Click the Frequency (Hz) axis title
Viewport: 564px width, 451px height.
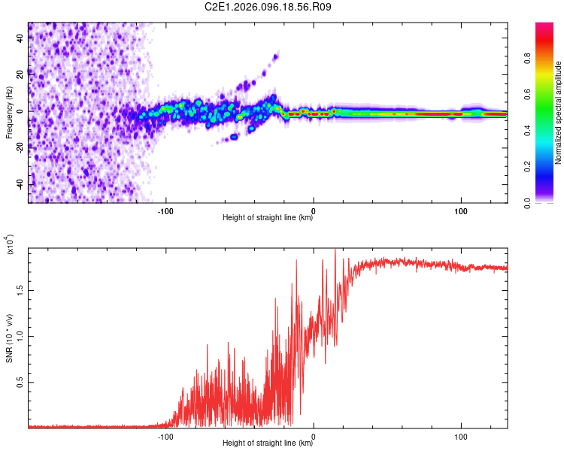tap(9, 113)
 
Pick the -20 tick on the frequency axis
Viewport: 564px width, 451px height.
tap(20, 148)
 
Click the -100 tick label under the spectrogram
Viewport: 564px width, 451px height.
tap(165, 210)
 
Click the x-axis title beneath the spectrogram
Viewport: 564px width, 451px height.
tap(268, 218)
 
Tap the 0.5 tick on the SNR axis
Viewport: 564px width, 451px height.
tap(20, 382)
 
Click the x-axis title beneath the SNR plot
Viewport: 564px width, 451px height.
tap(268, 443)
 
